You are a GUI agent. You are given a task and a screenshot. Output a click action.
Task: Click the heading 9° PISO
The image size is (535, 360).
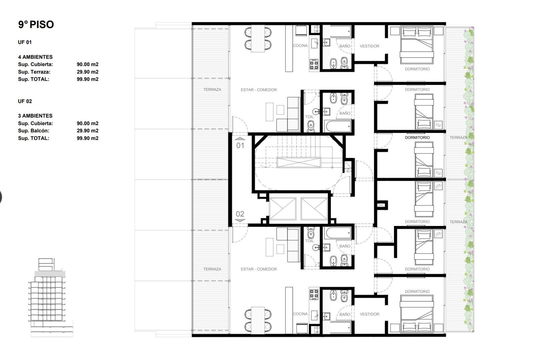36,25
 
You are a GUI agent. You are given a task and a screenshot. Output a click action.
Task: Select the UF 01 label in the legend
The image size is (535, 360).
25,42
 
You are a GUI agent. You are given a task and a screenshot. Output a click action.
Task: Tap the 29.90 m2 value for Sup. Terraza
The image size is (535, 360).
87,72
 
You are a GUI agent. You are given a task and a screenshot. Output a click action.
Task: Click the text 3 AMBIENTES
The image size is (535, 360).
35,116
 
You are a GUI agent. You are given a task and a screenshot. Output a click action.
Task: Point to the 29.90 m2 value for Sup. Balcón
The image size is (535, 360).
87,131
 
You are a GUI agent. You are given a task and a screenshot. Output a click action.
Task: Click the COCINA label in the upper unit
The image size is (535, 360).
300,46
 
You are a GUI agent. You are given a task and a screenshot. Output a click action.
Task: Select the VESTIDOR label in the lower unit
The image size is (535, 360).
369,314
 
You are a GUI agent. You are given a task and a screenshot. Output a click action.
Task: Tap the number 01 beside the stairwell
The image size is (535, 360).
240,145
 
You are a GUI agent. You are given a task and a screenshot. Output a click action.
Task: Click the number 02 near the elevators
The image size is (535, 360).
240,214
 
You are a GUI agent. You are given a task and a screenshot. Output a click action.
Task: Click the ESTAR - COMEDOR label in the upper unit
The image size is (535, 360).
259,90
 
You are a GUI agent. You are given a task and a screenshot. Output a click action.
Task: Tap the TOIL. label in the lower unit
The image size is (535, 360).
310,241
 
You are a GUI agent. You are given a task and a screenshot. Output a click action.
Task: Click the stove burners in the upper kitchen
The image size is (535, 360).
314,64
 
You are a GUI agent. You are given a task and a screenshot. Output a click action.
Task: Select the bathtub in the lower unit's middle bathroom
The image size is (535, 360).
338,233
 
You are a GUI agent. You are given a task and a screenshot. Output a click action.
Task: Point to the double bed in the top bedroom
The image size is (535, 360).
417,46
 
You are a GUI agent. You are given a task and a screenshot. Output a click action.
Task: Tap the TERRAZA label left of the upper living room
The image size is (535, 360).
212,89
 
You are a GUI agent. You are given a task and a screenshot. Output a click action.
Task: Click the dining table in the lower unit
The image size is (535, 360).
258,320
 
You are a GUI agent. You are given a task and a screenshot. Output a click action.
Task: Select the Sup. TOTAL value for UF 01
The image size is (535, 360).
87,79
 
